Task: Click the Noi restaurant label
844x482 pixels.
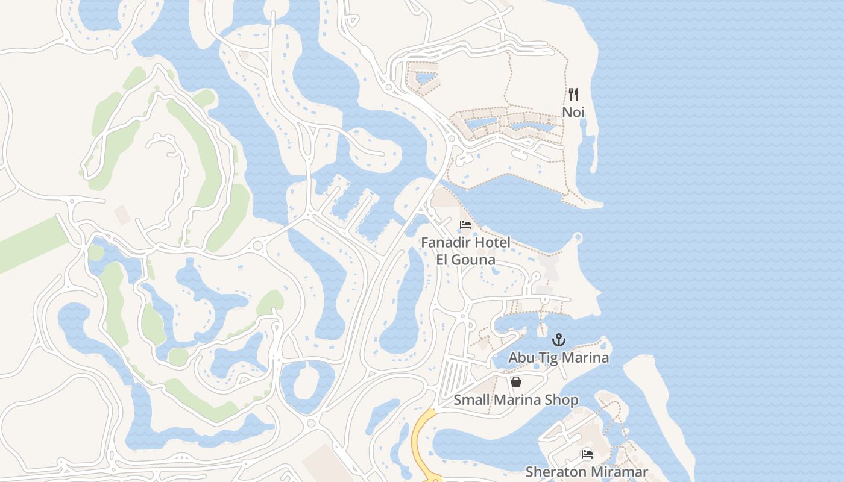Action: (573, 112)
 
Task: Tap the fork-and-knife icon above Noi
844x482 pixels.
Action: (573, 95)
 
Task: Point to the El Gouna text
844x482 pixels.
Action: (466, 260)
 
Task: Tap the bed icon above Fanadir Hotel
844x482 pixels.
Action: (465, 225)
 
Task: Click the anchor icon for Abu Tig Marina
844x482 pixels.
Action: (559, 340)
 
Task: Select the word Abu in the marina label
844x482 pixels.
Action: (521, 357)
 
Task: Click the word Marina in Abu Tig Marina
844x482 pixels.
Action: (585, 357)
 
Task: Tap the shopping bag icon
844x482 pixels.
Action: (516, 382)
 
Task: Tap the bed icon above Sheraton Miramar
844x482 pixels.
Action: (587, 454)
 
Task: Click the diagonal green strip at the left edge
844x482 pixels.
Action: (30, 245)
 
